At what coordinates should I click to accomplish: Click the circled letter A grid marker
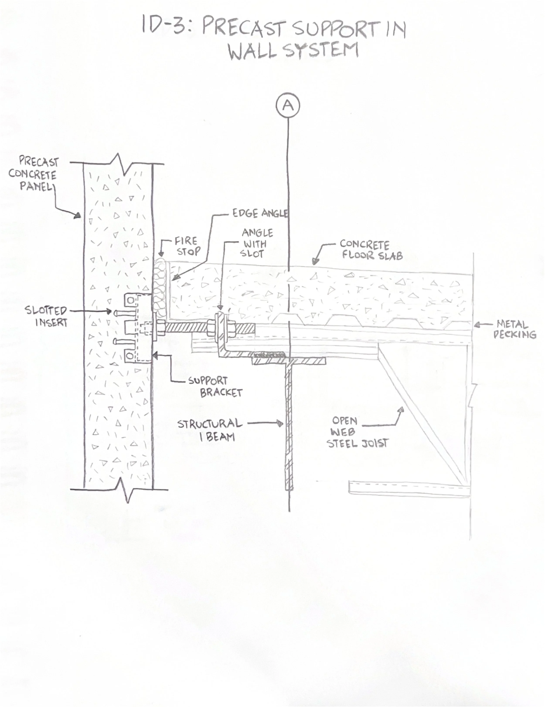[x=288, y=105]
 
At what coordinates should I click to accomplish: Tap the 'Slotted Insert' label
[x=46, y=316]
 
